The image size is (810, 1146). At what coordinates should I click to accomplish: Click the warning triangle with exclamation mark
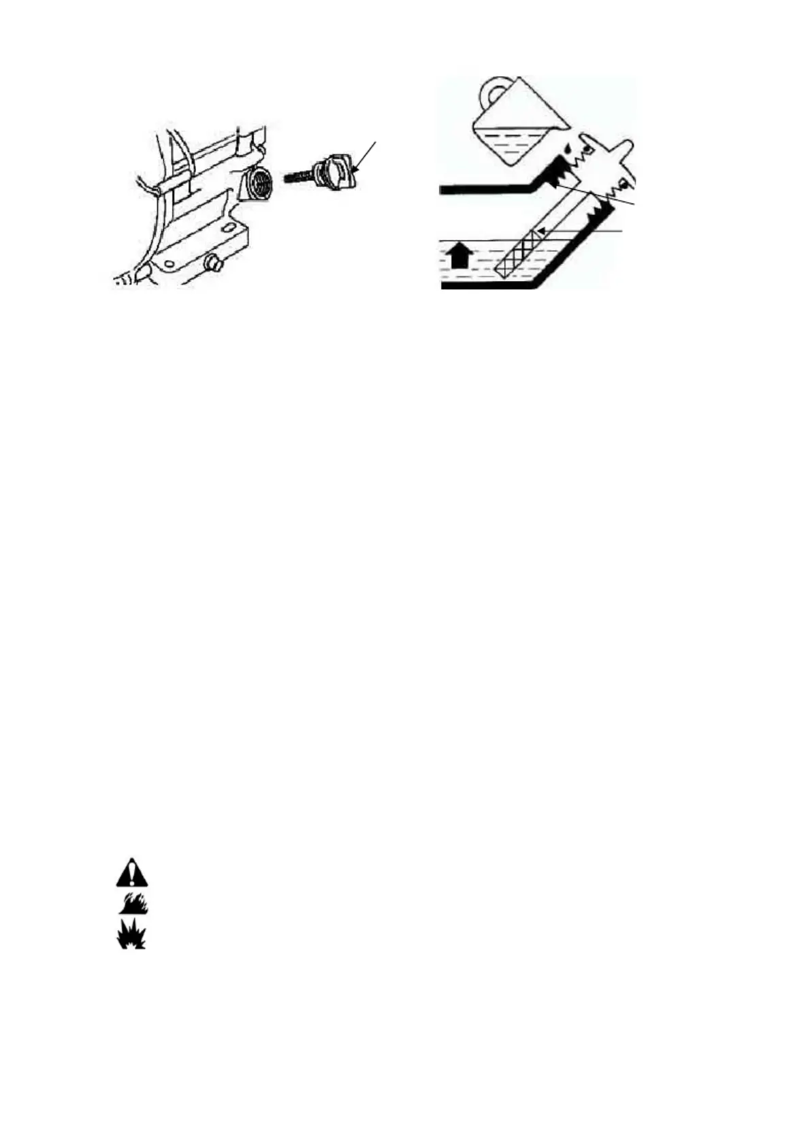[131, 872]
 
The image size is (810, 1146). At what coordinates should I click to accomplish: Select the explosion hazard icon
[131, 934]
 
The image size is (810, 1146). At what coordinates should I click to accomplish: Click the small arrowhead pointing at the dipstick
[542, 232]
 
